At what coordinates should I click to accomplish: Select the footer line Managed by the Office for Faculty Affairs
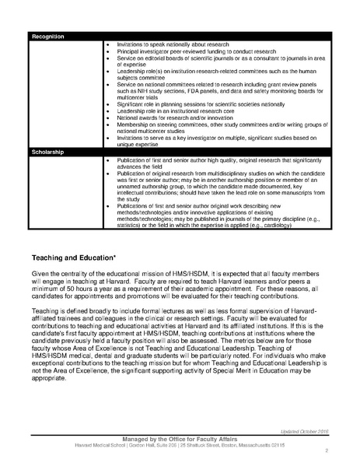[x=178, y=438]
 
